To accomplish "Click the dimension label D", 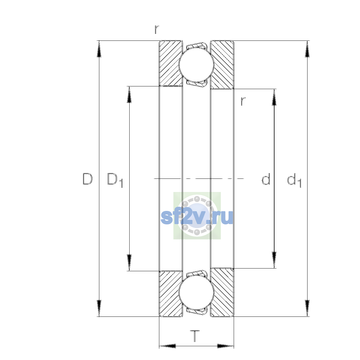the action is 87,179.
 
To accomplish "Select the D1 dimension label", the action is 115,180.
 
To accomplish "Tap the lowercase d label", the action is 266,179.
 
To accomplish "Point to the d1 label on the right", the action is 294,180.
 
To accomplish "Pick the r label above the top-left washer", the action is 157,29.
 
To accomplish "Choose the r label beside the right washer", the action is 243,101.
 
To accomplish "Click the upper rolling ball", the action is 196,64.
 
